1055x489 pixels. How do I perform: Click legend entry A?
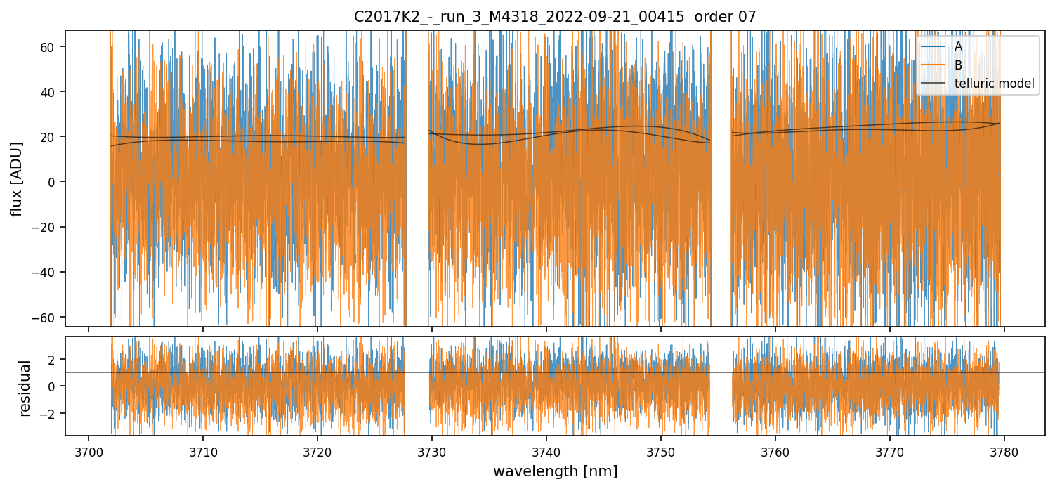point(958,47)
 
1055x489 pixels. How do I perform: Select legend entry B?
point(958,65)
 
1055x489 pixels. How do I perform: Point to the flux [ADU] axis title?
point(16,178)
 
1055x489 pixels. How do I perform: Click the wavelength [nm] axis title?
point(555,471)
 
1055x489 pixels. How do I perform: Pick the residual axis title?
point(25,388)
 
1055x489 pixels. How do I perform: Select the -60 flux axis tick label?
point(49,317)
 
